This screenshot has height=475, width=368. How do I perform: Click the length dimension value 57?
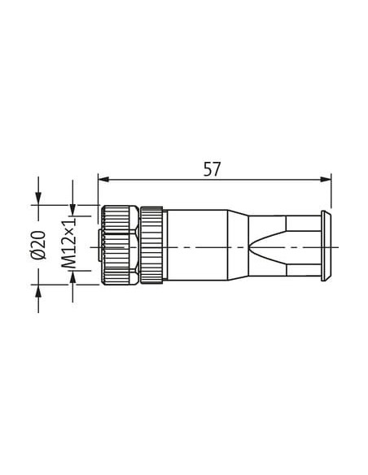tap(212, 169)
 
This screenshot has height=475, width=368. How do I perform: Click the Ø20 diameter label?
tap(38, 246)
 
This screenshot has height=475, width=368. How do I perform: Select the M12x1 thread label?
tap(68, 243)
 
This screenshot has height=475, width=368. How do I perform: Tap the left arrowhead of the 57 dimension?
tap(104, 179)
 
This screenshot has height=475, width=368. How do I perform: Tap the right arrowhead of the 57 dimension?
tap(326, 179)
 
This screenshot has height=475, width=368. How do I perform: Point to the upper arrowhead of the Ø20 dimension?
tap(38, 199)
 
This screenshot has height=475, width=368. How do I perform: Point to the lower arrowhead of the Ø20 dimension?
tap(38, 290)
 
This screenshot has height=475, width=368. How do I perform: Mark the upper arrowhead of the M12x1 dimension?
tap(72, 210)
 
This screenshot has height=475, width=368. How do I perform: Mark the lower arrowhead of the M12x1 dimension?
tap(72, 276)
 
